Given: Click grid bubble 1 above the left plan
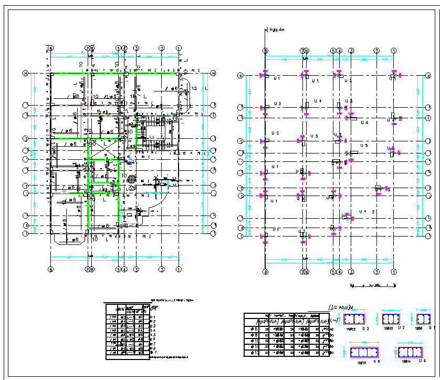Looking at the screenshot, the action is point(179,48).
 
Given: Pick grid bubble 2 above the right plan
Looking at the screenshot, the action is point(376,50).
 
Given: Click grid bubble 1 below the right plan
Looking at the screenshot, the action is point(393,272).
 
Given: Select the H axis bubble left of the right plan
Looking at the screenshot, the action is point(240,76).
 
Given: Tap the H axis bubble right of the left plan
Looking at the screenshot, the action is point(214,73).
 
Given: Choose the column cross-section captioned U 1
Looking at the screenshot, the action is point(423,319).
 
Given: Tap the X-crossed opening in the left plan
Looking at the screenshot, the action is point(103,151).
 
